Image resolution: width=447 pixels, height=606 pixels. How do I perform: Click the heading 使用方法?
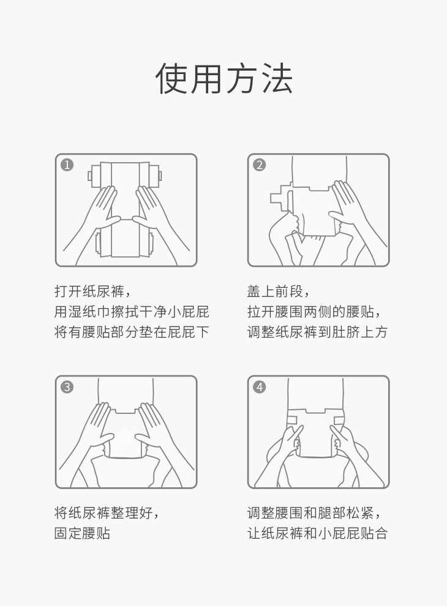pyautogui.click(x=223, y=78)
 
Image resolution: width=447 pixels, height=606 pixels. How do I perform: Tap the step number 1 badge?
pyautogui.click(x=67, y=165)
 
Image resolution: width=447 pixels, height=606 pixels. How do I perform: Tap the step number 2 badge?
pyautogui.click(x=259, y=165)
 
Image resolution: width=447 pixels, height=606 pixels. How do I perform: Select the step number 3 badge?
pyautogui.click(x=67, y=387)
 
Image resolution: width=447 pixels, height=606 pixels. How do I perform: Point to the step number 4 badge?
pyautogui.click(x=259, y=387)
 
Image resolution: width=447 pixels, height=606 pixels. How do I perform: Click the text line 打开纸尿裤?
pyautogui.click(x=89, y=291)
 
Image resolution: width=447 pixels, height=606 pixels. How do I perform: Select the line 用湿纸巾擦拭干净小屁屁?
pyautogui.click(x=132, y=311)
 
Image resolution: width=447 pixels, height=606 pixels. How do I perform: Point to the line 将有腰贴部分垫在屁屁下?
pyautogui.click(x=132, y=332)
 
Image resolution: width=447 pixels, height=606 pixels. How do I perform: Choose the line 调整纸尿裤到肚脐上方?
pyautogui.click(x=317, y=332)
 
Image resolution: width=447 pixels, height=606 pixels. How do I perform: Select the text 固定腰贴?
pyautogui.click(x=83, y=533)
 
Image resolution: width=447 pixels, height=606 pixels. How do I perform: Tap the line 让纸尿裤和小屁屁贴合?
pyautogui.click(x=317, y=533)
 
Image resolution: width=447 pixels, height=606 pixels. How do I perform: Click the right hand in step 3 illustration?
pyautogui.click(x=162, y=437)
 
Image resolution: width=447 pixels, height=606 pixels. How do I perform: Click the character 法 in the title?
pyautogui.click(x=277, y=78)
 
